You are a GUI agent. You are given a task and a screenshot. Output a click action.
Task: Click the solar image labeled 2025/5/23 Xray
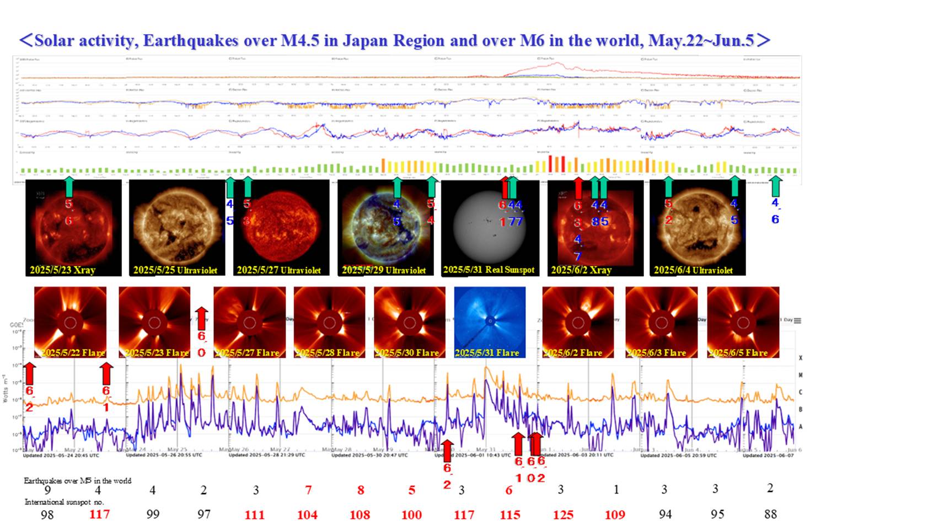(x=73, y=227)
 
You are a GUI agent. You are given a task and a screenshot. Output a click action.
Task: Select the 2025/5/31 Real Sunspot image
(x=490, y=227)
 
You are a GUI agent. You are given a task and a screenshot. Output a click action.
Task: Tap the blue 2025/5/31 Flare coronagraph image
(x=490, y=322)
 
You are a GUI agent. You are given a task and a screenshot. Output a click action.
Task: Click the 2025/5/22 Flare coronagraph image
(x=70, y=322)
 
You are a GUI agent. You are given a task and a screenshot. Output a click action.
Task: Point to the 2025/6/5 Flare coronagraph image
(x=743, y=322)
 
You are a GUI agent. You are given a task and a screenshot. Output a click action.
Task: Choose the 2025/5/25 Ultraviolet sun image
(x=176, y=227)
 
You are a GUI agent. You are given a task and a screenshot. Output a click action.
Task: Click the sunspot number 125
(x=562, y=515)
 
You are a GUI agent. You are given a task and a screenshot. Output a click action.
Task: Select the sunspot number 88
(x=770, y=514)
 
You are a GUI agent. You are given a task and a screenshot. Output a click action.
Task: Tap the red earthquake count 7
(x=308, y=490)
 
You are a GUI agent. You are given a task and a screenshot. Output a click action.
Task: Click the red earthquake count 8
(x=361, y=490)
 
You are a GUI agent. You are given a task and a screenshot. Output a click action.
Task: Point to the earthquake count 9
(x=47, y=490)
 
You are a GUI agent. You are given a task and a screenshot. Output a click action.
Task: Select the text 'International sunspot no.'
(x=64, y=502)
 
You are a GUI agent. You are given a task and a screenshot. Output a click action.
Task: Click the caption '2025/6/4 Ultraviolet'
(x=693, y=270)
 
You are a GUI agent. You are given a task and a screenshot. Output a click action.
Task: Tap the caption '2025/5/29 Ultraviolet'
(x=384, y=270)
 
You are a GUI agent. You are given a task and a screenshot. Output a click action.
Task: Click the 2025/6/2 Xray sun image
(x=595, y=227)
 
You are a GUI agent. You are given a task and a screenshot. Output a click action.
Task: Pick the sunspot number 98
(x=47, y=514)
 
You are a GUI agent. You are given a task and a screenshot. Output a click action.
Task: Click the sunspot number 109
(x=615, y=515)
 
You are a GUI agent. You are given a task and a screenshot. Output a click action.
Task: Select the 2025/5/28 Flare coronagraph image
(x=329, y=322)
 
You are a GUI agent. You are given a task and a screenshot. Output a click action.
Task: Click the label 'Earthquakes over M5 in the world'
(x=77, y=480)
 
